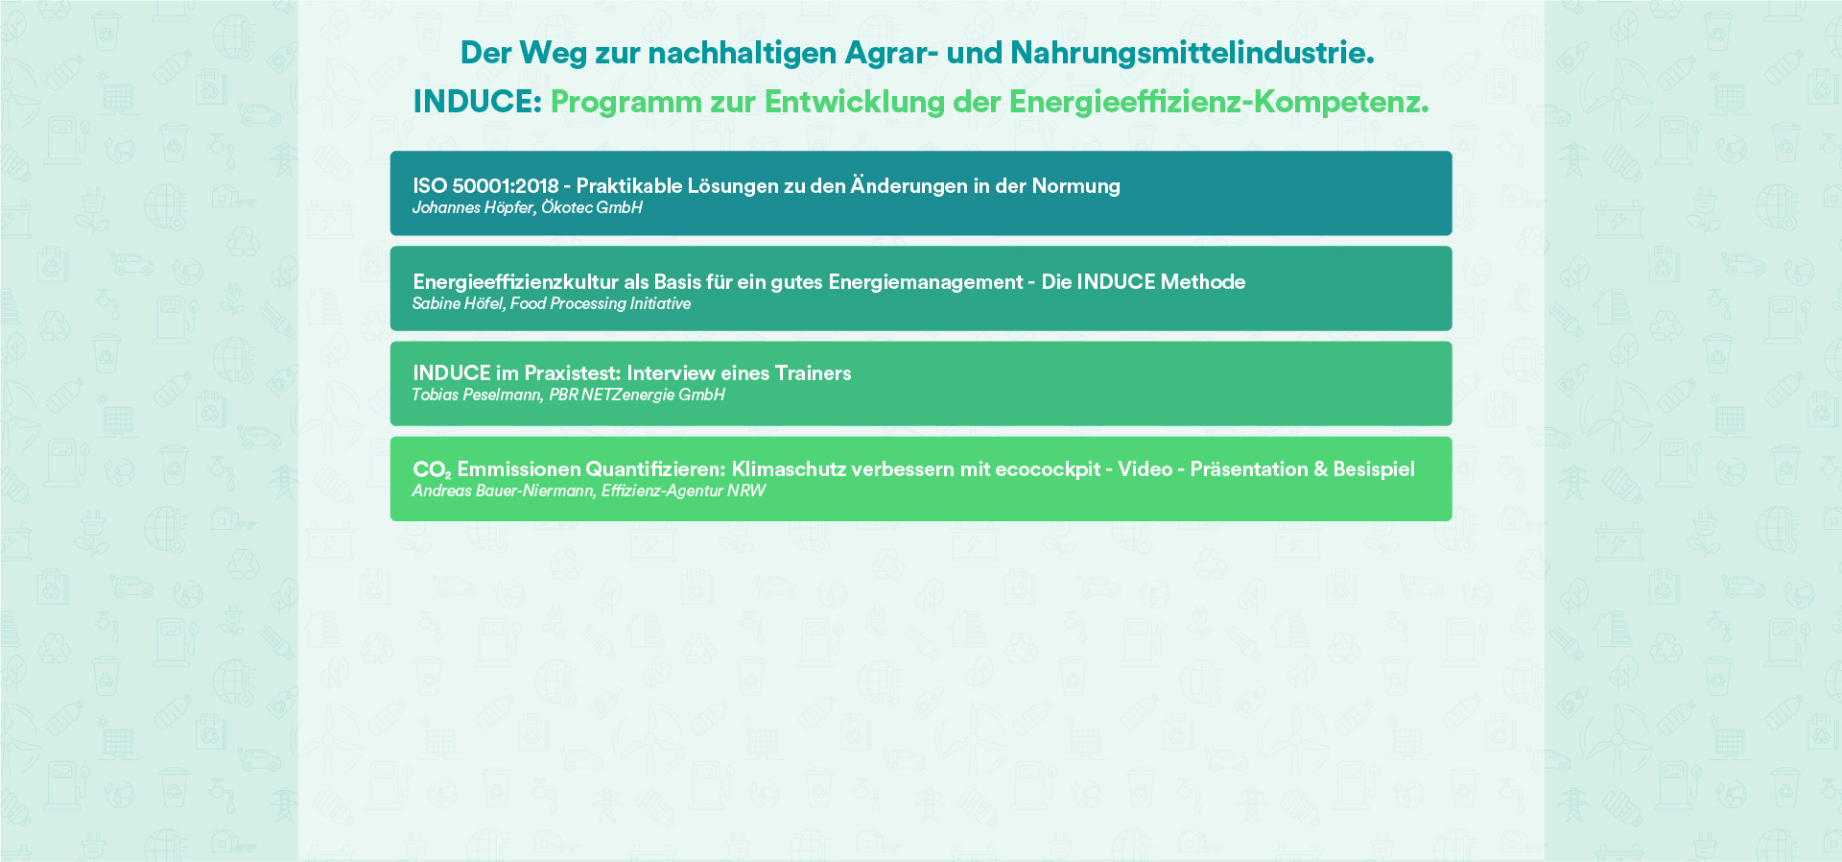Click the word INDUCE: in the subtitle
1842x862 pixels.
click(x=478, y=102)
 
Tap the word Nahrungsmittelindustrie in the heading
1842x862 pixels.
click(x=1193, y=53)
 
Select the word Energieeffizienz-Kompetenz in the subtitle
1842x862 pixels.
click(x=1218, y=103)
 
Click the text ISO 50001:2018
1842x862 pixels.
click(x=485, y=186)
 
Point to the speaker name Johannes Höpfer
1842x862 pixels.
click(x=473, y=208)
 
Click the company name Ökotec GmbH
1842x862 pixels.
click(x=592, y=207)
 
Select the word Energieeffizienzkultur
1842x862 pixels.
click(x=515, y=282)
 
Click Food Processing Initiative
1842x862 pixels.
click(x=601, y=304)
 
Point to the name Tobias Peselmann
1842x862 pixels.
click(x=477, y=395)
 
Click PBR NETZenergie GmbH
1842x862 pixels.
click(x=637, y=395)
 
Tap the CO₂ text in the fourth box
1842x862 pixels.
click(x=432, y=470)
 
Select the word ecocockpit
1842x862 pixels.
click(x=1048, y=469)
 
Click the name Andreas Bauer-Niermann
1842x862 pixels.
click(x=504, y=491)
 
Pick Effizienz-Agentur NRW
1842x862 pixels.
click(x=683, y=491)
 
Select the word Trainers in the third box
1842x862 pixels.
click(x=813, y=373)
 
